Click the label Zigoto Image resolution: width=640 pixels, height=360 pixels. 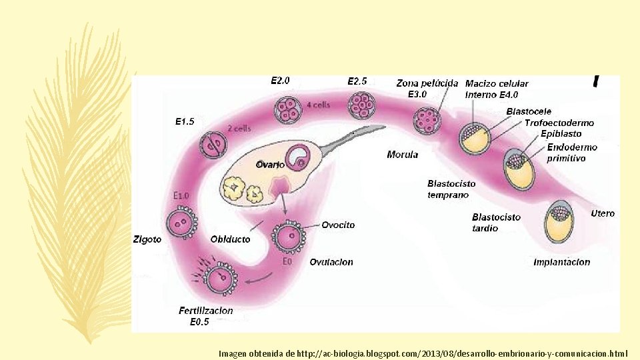point(147,239)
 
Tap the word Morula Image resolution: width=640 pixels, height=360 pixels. point(403,155)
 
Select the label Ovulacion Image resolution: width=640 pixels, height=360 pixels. point(331,262)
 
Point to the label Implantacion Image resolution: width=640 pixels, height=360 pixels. point(561,262)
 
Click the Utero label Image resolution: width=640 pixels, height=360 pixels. point(603,213)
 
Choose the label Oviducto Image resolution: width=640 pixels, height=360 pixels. point(231,239)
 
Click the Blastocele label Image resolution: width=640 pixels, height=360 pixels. point(529,111)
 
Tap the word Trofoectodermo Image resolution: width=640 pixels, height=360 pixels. point(559,123)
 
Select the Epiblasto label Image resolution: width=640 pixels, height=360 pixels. point(561,134)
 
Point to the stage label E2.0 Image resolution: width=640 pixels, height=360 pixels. point(280,81)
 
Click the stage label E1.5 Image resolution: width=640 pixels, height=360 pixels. point(185,122)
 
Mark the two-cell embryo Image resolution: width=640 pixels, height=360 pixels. point(213,145)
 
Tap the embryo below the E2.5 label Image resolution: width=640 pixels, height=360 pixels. point(362,105)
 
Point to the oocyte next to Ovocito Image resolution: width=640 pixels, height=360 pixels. point(287,237)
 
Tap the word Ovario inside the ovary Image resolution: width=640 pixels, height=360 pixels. point(270,164)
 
